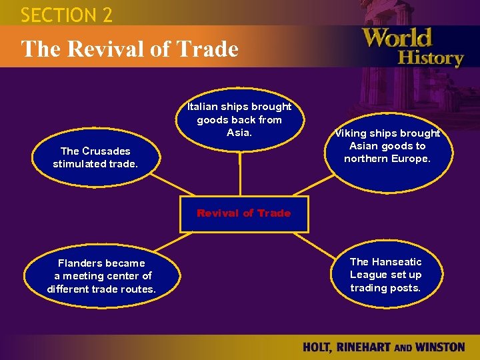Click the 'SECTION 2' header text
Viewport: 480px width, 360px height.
click(x=67, y=14)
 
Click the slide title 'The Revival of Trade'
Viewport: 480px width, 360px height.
click(x=130, y=49)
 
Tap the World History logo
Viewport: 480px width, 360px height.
click(x=413, y=47)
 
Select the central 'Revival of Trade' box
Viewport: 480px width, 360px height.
click(x=243, y=214)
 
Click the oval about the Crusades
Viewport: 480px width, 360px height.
click(x=95, y=157)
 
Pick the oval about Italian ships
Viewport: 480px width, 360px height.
click(x=239, y=120)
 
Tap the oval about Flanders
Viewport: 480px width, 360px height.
click(x=101, y=276)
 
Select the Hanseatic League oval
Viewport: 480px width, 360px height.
click(x=385, y=275)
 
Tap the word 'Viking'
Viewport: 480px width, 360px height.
click(x=349, y=133)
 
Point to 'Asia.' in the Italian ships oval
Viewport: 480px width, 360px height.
click(x=239, y=133)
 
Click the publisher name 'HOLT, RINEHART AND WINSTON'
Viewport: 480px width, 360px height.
click(x=383, y=347)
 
